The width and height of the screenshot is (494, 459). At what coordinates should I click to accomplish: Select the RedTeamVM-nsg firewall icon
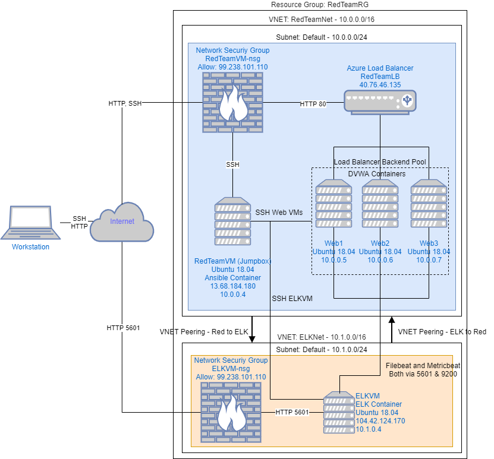[x=233, y=104]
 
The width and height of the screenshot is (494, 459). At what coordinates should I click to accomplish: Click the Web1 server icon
[x=333, y=203]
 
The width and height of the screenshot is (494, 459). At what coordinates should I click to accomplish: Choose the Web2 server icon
[x=380, y=203]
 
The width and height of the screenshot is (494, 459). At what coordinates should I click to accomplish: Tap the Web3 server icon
[x=429, y=203]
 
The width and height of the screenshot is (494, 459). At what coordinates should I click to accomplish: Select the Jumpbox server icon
[x=232, y=222]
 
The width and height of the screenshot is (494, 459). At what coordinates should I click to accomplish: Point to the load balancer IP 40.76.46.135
[x=380, y=85]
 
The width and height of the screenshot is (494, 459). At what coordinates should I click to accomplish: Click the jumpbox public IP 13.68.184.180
[x=232, y=286]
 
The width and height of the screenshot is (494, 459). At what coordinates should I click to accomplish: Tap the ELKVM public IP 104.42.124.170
[x=380, y=420]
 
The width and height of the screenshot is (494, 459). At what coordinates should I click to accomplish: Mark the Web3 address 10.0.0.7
[x=429, y=260]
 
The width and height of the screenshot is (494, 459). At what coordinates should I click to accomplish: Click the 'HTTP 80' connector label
[x=313, y=104]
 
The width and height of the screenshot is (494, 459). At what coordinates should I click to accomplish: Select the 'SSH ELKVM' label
[x=292, y=298]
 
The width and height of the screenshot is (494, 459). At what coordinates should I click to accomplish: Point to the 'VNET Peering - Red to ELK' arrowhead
[x=252, y=339]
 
